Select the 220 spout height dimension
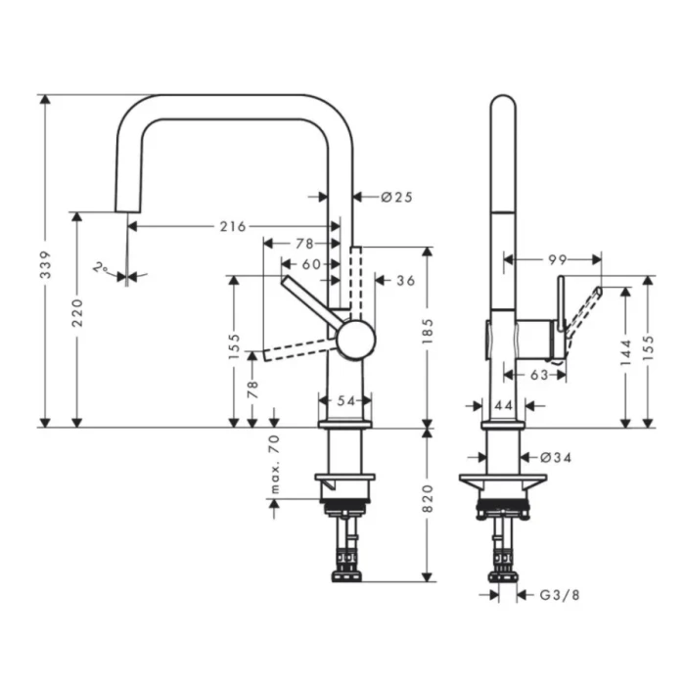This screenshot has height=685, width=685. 78,312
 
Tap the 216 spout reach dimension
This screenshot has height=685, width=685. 232,226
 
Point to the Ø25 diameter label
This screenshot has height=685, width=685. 396,197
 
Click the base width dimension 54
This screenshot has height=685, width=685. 345,401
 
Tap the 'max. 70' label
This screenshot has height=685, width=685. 275,466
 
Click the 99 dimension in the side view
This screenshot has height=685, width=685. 558,259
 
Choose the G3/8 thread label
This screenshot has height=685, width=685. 555,594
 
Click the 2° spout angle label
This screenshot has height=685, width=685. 101,267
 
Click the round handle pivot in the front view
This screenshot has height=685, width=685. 355,338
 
